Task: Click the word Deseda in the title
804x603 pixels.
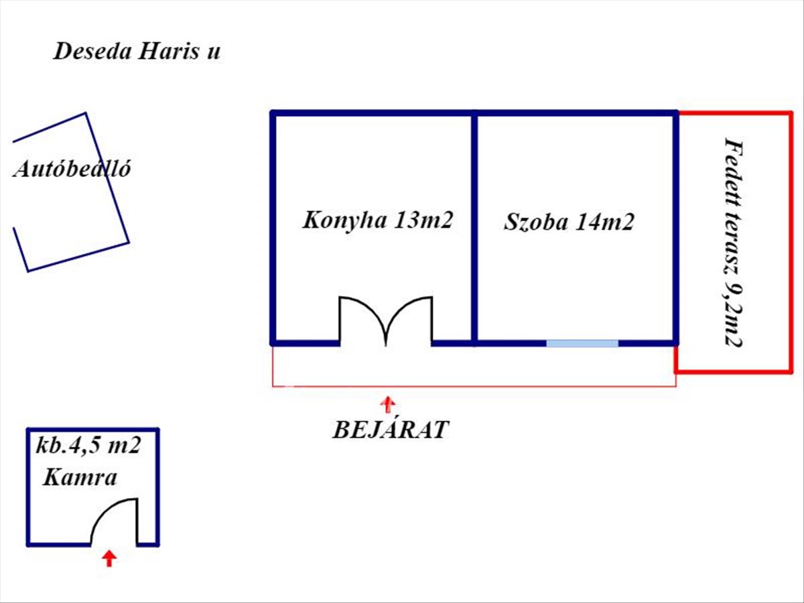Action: click(x=92, y=52)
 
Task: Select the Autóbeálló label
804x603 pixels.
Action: click(x=72, y=169)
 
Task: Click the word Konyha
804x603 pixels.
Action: click(x=345, y=220)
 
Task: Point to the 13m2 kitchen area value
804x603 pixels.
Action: click(x=423, y=220)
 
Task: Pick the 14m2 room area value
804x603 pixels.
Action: click(x=604, y=222)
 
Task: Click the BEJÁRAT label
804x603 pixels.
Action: click(x=391, y=429)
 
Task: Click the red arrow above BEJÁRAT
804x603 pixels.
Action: click(x=387, y=404)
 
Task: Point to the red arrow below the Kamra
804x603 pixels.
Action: click(x=109, y=559)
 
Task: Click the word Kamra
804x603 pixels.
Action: click(x=80, y=478)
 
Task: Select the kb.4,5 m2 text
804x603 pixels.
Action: click(x=88, y=447)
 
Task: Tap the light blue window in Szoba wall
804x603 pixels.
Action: click(x=582, y=343)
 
